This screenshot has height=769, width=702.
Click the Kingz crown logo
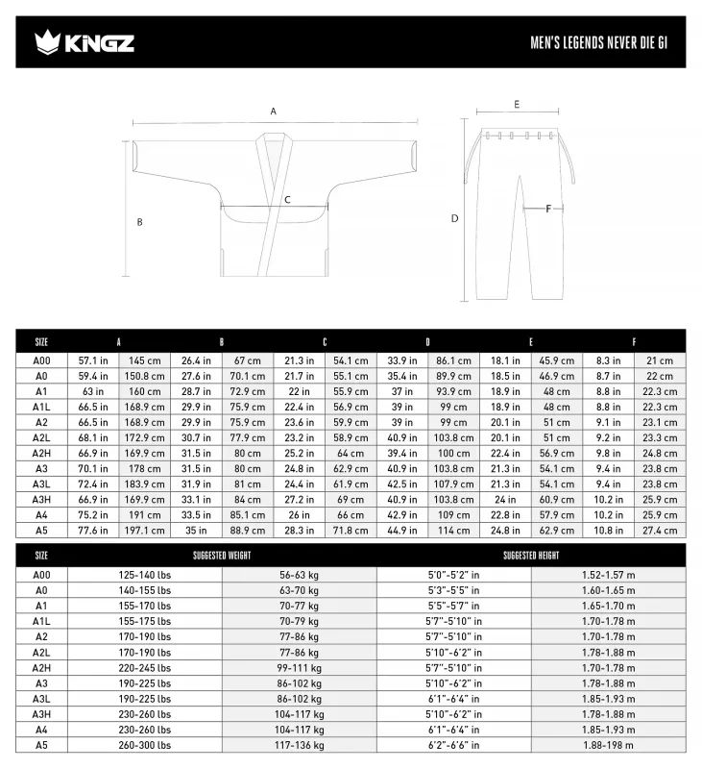(x=45, y=41)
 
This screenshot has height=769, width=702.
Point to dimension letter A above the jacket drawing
(x=273, y=112)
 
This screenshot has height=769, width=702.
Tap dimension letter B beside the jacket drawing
(x=139, y=222)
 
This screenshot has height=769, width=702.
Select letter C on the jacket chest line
(x=286, y=201)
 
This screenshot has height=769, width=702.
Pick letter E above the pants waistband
(x=517, y=104)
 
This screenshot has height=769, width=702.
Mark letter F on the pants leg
(x=548, y=208)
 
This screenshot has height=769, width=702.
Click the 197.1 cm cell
(x=145, y=531)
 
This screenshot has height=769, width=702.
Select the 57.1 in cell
(x=93, y=360)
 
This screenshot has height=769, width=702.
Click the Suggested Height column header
(x=530, y=556)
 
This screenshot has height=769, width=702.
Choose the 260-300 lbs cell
(x=145, y=745)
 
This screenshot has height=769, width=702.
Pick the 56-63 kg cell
(x=300, y=574)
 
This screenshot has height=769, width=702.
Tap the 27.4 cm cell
(x=659, y=531)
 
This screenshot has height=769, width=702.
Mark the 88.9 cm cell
(x=248, y=531)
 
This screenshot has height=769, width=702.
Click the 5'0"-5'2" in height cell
(x=453, y=574)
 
